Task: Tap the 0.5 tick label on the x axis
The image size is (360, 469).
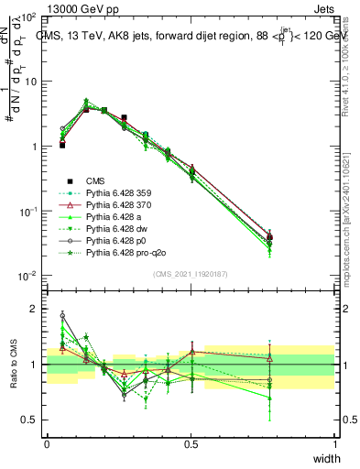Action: point(191,444)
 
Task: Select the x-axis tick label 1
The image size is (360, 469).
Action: point(335,444)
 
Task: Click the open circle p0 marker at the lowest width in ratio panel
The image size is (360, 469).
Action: point(62,315)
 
